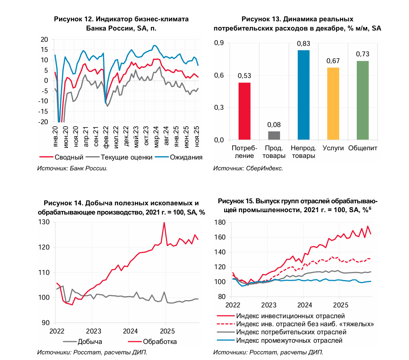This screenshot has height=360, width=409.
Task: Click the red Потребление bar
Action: click(x=244, y=111)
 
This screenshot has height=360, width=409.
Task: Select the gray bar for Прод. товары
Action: click(x=274, y=135)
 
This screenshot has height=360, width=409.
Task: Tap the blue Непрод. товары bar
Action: click(x=303, y=95)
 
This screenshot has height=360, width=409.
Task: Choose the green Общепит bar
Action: click(x=362, y=100)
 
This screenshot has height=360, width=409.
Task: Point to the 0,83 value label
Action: click(x=303, y=43)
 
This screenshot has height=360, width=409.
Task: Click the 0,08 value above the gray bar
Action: click(x=274, y=125)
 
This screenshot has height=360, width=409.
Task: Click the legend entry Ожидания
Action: click(x=186, y=157)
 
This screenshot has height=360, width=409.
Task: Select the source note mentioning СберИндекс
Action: click(x=248, y=168)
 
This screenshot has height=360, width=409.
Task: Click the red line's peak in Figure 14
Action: click(x=164, y=222)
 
